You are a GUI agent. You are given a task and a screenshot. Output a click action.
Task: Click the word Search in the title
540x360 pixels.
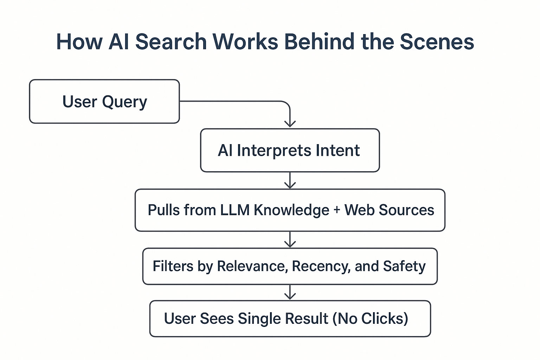tap(171, 42)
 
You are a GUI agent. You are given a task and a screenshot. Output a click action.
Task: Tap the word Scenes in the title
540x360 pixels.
tap(437, 42)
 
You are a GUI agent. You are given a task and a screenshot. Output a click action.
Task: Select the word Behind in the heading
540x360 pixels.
tap(319, 42)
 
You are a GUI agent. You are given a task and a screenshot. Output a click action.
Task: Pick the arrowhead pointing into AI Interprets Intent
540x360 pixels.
tap(290, 123)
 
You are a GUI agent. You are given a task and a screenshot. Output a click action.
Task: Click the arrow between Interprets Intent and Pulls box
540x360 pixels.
tap(290, 181)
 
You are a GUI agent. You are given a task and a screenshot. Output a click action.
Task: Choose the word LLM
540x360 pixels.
tap(234, 210)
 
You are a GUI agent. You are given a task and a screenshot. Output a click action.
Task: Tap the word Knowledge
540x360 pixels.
tap(291, 210)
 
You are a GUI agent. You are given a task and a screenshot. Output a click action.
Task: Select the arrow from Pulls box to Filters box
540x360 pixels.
tap(290, 240)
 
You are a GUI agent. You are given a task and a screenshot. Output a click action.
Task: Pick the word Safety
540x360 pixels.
tap(404, 266)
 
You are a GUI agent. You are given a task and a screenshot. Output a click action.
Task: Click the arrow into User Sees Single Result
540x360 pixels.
tap(290, 292)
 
